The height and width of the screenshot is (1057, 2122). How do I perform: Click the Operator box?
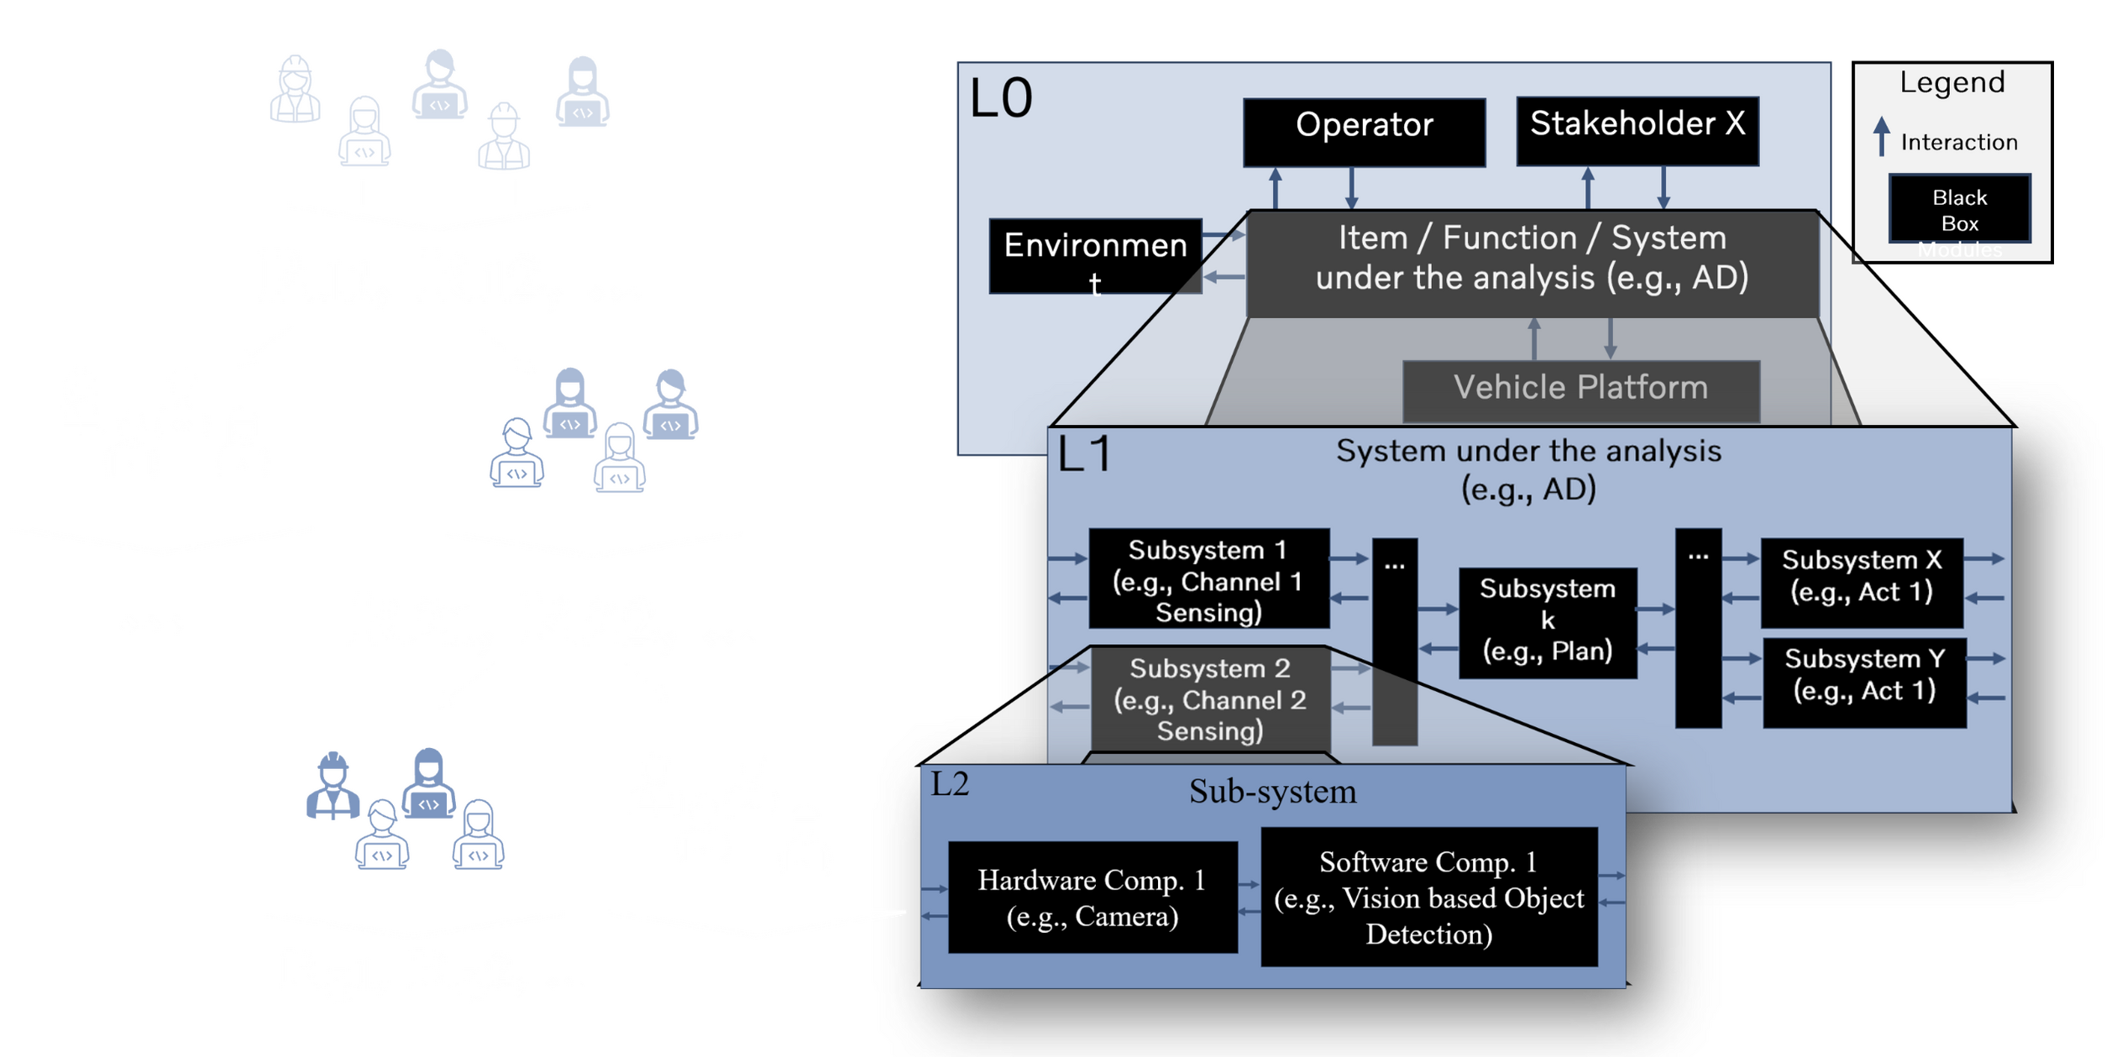[x=1364, y=132]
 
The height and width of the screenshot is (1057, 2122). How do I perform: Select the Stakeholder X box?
[x=1637, y=130]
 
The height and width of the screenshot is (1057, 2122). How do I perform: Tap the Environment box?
[x=1095, y=256]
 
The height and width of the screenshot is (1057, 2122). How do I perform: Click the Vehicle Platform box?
[x=1580, y=389]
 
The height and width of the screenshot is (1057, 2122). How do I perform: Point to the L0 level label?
[x=1000, y=99]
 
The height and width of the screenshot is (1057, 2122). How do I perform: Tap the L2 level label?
[x=950, y=784]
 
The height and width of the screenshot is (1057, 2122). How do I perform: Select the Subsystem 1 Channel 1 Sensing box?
[x=1208, y=579]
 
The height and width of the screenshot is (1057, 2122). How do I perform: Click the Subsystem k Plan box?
[x=1547, y=622]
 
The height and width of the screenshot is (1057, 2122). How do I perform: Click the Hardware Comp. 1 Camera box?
[x=1092, y=897]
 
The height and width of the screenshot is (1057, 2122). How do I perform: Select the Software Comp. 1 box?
[x=1428, y=897]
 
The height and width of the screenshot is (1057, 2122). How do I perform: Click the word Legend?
[x=1952, y=82]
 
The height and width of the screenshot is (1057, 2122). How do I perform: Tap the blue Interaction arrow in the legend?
[x=1882, y=136]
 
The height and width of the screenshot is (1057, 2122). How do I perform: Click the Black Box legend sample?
[x=1959, y=209]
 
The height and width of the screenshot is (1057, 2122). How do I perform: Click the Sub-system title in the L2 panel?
[x=1271, y=792]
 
